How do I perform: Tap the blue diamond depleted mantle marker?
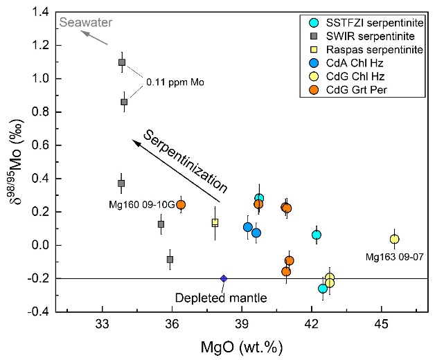pos(224,278)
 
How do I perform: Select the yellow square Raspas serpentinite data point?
pos(215,222)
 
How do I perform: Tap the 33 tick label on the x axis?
pos(102,325)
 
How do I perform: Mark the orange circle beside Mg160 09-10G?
pos(181,204)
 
